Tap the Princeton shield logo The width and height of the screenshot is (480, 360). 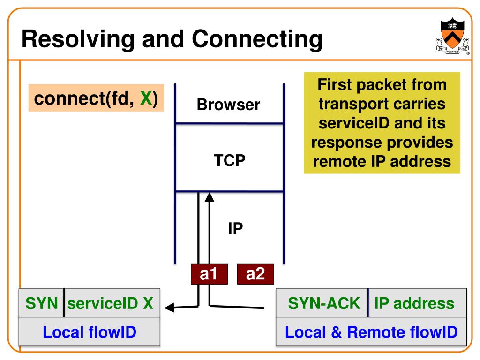[452, 37]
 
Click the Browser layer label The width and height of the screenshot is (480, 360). [228, 105]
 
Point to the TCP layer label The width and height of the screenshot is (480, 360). [230, 160]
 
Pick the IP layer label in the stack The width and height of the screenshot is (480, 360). [235, 229]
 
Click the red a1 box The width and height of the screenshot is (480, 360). [209, 274]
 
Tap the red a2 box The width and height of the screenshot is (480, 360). [255, 274]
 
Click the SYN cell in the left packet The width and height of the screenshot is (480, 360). [41, 303]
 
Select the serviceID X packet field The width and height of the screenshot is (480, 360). [110, 303]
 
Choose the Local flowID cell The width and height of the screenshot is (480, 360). [89, 332]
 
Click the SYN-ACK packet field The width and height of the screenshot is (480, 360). [324, 303]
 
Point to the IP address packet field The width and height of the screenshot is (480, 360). [414, 303]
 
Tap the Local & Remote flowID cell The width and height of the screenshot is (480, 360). [371, 332]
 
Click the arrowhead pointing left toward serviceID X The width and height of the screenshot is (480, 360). [169, 308]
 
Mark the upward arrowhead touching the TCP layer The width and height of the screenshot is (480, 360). [210, 197]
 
